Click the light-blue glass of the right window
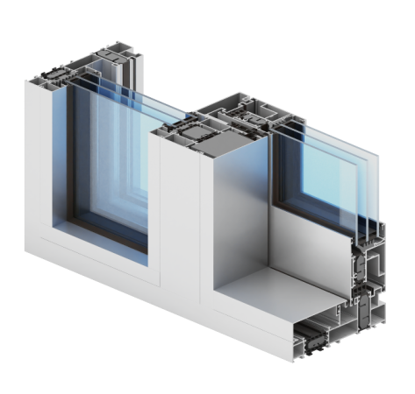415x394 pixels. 325,175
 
